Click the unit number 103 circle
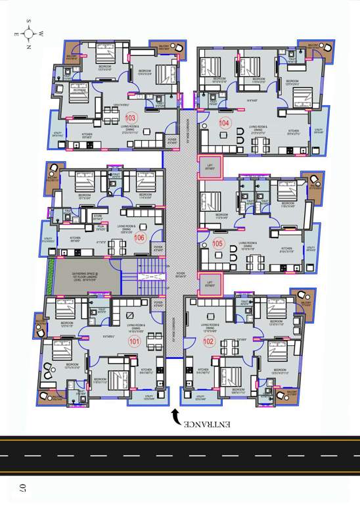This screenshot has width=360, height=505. tap(131, 117)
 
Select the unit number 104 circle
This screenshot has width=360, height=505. tap(225, 123)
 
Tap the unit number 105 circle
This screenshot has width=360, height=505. tap(219, 243)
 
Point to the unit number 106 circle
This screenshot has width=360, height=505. tap(139, 237)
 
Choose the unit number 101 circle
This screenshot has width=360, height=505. tap(134, 341)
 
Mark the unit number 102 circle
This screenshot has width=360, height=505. tap(210, 341)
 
